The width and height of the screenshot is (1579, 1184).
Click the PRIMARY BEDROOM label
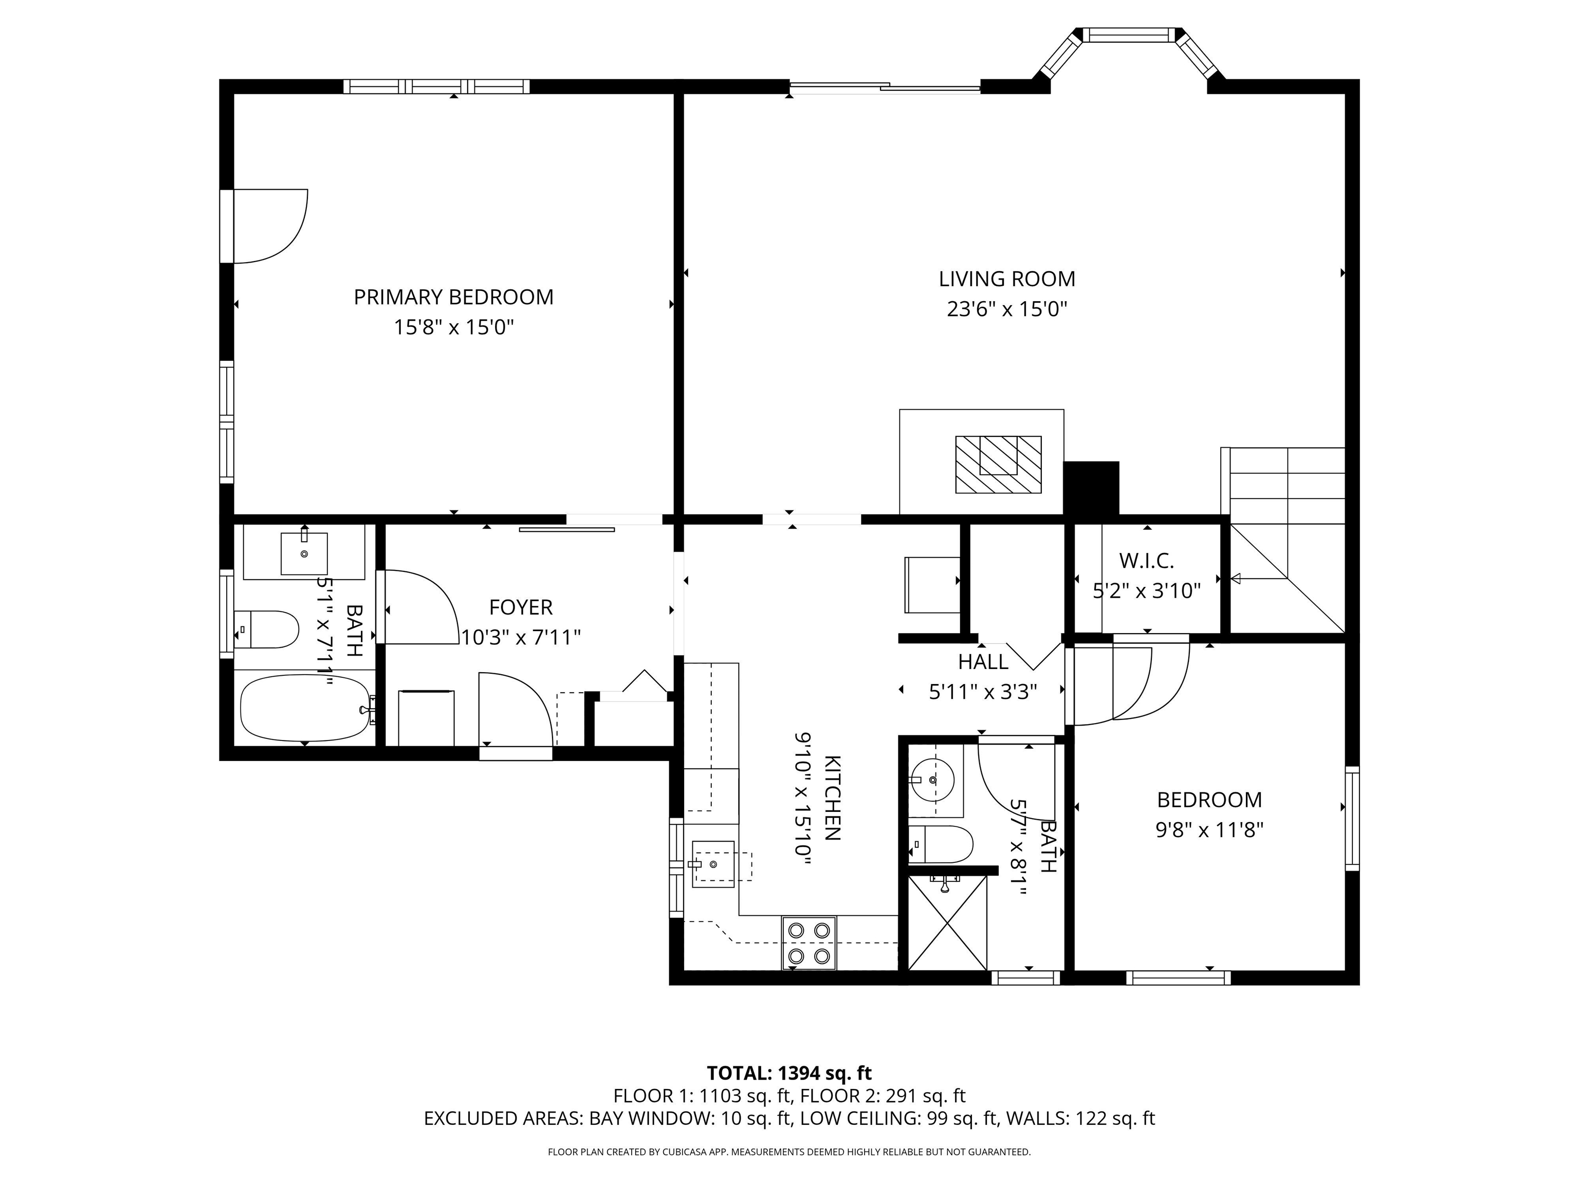(x=453, y=297)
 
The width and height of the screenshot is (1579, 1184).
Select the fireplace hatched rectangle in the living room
(x=998, y=464)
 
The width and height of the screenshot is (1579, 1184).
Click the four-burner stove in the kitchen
(x=809, y=943)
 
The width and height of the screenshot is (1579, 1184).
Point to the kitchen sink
(x=712, y=863)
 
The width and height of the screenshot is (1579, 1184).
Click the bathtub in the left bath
(x=305, y=708)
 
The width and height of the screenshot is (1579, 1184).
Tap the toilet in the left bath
(x=266, y=629)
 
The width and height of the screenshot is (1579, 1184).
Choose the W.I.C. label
(x=1146, y=561)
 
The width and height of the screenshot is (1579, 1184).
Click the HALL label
(x=983, y=662)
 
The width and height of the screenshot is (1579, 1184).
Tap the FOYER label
(x=520, y=607)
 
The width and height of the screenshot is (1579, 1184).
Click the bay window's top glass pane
(x=1131, y=34)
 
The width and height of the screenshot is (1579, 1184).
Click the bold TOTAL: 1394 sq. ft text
(x=789, y=1072)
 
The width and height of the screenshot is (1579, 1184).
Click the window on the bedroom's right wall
(x=1351, y=819)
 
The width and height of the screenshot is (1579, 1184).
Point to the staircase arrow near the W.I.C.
(x=1236, y=578)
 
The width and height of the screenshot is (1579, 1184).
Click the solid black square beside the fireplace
(x=1091, y=488)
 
